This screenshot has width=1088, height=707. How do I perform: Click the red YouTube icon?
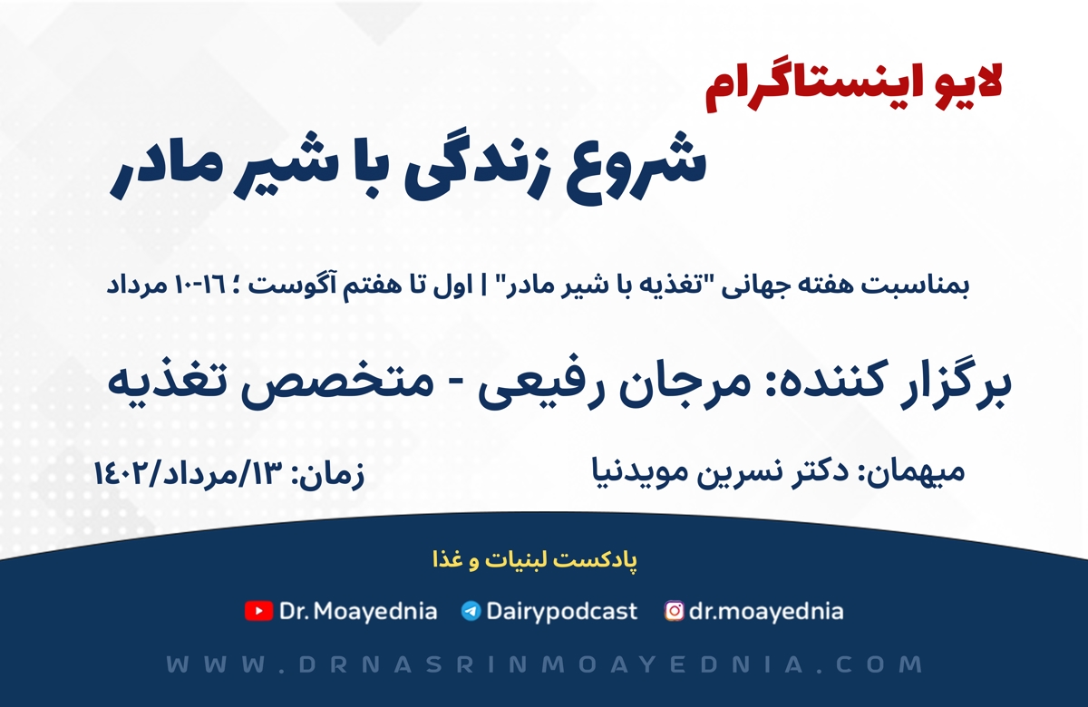click(258, 611)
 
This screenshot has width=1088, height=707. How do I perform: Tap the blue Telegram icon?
click(471, 611)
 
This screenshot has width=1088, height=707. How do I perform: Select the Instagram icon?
click(675, 611)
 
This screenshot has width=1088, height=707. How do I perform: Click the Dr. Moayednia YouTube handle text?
click(358, 611)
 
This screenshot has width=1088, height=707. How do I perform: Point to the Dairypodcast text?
click(561, 612)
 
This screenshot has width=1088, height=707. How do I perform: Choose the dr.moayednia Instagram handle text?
click(766, 612)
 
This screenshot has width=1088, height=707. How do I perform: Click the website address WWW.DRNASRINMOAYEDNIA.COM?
click(544, 664)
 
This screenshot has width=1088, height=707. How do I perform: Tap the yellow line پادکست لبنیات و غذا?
click(535, 561)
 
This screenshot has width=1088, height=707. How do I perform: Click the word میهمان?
click(918, 471)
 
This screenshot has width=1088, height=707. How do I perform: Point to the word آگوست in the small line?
click(368, 286)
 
